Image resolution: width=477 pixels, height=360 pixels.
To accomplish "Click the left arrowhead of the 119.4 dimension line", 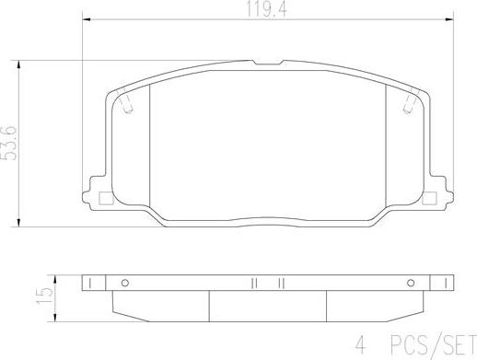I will (86, 18).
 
